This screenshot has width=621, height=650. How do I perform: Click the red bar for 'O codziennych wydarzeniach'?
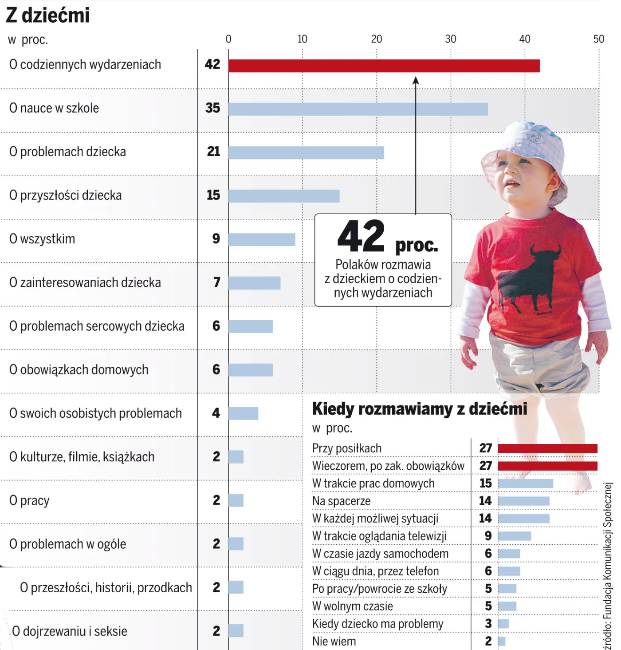click(x=384, y=66)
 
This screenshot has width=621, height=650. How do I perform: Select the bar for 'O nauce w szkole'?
click(x=358, y=109)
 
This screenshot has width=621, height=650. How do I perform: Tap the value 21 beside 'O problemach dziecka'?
click(x=213, y=152)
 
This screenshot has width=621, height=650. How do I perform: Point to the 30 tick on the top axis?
click(x=451, y=39)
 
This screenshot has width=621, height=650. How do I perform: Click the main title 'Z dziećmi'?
click(x=48, y=16)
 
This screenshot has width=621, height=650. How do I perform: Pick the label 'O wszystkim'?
click(x=42, y=239)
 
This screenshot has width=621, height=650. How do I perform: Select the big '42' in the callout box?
click(x=361, y=236)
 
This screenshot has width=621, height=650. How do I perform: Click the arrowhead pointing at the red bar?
click(x=416, y=80)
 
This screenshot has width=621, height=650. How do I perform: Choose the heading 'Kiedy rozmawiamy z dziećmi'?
click(x=420, y=409)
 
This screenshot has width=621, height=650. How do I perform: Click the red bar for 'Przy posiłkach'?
click(x=547, y=448)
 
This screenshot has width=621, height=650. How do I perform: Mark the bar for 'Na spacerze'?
click(x=524, y=501)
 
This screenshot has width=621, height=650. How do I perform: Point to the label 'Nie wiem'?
click(x=334, y=642)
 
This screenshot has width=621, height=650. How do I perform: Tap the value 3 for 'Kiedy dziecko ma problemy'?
click(x=488, y=624)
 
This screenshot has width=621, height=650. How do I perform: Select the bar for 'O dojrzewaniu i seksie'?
click(x=236, y=631)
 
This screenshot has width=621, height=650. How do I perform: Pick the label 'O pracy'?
click(x=29, y=501)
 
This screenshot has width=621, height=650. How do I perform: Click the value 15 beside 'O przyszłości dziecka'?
click(x=213, y=195)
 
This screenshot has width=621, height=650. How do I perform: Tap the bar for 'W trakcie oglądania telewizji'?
click(x=515, y=536)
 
